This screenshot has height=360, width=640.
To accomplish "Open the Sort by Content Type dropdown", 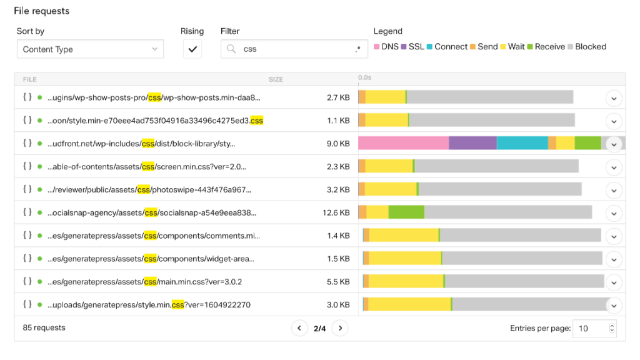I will [90, 49].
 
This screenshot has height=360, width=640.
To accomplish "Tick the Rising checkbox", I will [192, 49].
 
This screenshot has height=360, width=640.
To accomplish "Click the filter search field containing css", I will [294, 49].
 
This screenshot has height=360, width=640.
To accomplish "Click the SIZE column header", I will [276, 79].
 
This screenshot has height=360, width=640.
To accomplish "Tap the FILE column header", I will [30, 79].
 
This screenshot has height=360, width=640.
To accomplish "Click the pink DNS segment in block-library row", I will [403, 143].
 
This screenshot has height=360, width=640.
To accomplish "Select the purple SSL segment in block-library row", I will [472, 143].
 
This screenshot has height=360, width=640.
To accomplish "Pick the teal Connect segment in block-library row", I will [522, 143].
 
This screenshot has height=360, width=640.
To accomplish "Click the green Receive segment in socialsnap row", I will [406, 212].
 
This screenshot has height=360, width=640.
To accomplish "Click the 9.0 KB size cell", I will [338, 144].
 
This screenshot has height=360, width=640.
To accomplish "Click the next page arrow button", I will [340, 328].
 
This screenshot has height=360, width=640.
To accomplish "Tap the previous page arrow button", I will [299, 328].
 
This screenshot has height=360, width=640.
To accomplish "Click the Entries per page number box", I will [591, 328].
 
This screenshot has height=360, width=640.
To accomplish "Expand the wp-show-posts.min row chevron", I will [614, 98].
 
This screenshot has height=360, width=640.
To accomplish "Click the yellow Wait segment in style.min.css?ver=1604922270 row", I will [409, 304].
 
